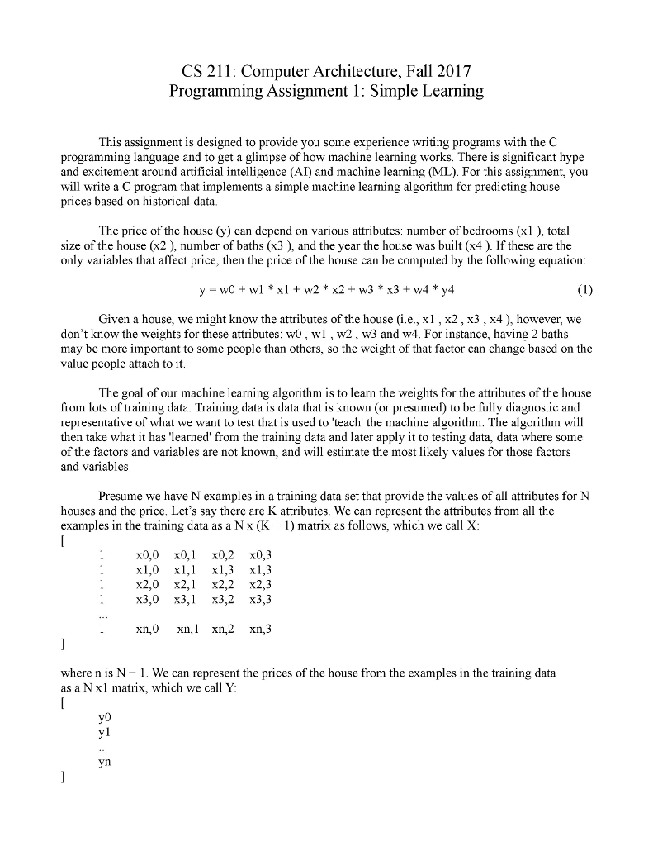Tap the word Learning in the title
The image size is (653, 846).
click(450, 92)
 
